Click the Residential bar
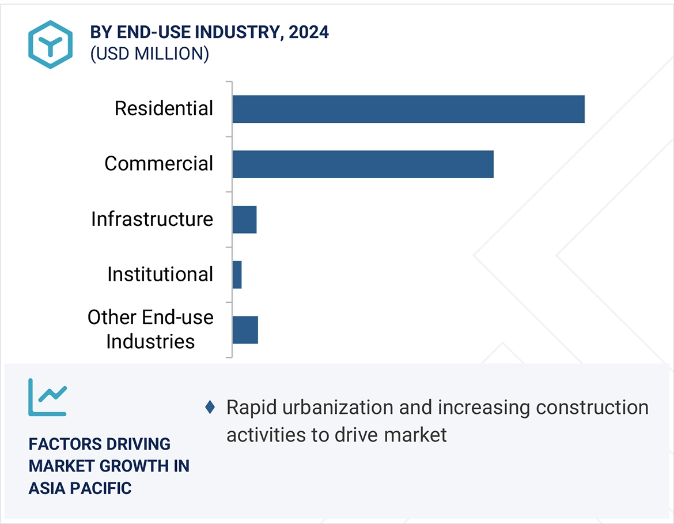408,109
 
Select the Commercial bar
363,164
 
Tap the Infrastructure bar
244,220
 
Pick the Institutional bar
237,274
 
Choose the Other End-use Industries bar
245,330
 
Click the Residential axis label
164,108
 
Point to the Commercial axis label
158,164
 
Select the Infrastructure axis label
152,219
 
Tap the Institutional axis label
160,274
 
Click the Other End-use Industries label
150,329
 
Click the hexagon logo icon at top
51,44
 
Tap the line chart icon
48,397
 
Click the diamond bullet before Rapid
210,408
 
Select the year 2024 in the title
309,32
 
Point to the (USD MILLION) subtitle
149,54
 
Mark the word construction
592,408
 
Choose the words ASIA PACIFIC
80,488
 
